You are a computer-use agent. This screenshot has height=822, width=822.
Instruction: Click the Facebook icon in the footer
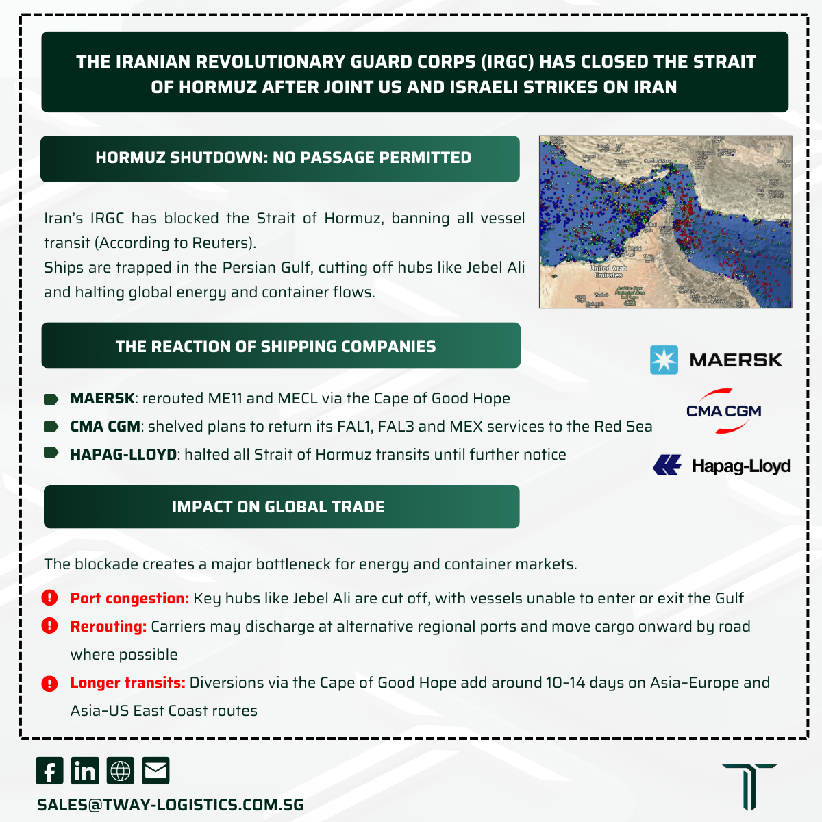coord(49,771)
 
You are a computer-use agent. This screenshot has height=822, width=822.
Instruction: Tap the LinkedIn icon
coord(85,771)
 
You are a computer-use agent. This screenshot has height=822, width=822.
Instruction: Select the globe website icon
coord(121,771)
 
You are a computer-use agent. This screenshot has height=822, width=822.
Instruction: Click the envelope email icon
coord(155,771)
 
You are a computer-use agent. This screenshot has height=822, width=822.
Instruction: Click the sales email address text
coord(171,805)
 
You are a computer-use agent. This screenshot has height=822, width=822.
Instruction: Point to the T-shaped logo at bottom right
coord(749,786)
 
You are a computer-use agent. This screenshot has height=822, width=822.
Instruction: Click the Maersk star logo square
coord(664,360)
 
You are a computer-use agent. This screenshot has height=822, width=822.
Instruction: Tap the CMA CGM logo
coord(724,411)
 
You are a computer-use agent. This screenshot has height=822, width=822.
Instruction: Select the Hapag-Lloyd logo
coord(722,466)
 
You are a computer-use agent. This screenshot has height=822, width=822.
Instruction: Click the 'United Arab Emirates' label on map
coord(608,271)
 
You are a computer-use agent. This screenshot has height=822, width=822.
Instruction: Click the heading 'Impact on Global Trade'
coord(278,507)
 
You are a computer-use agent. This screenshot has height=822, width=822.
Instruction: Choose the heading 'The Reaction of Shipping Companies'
coord(275,347)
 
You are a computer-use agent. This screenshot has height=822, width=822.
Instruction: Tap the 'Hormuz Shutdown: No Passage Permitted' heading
coord(283,158)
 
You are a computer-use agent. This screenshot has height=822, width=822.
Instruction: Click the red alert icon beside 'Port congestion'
coord(49,598)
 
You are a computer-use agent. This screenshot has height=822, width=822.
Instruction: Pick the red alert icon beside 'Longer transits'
coord(49,683)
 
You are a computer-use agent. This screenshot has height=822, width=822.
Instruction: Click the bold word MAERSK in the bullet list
coord(103,399)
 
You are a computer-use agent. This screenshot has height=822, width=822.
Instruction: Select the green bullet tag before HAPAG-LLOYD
coord(51,453)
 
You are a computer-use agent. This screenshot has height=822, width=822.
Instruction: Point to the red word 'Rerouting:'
coord(108,627)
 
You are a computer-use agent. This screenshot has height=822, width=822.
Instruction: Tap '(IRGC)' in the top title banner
coord(508,62)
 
